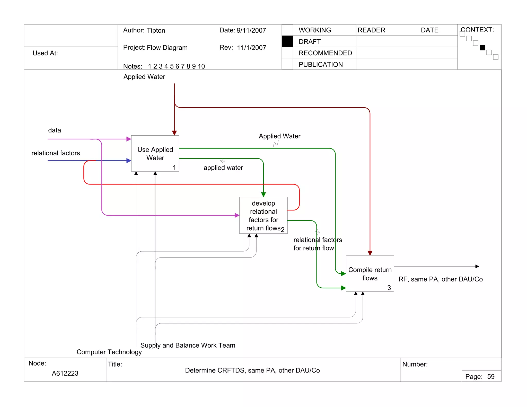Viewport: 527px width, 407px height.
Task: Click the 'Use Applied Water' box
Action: pos(155,154)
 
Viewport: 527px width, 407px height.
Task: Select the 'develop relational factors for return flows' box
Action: pos(263,215)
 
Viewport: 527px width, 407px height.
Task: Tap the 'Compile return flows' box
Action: pos(370,274)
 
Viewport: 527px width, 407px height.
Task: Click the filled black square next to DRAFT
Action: pos(287,41)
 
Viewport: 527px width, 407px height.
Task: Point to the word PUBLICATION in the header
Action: pos(321,65)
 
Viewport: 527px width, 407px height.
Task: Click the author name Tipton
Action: pos(156,30)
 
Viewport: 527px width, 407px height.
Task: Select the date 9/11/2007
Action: pos(251,30)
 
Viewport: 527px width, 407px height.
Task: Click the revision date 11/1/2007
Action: pos(251,48)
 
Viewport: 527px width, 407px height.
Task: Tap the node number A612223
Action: pos(65,373)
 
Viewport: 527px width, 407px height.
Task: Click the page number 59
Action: pos(491,377)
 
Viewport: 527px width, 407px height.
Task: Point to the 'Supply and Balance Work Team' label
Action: pos(188,345)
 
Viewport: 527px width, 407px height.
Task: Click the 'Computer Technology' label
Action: pos(109,352)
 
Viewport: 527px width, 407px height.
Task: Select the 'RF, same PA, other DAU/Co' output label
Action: pos(441,279)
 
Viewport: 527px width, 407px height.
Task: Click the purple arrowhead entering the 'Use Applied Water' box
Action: pos(129,139)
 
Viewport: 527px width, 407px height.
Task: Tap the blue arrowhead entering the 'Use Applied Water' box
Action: pos(129,161)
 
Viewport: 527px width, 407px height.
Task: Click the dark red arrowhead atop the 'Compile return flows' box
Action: pos(370,253)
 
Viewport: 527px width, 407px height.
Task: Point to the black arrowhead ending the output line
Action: pos(477,267)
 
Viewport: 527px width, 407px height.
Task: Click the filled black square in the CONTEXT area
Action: pos(482,48)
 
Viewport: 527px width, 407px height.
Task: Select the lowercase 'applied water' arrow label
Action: pos(223,168)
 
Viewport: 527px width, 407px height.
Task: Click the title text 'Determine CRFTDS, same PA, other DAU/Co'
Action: pos(252,370)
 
